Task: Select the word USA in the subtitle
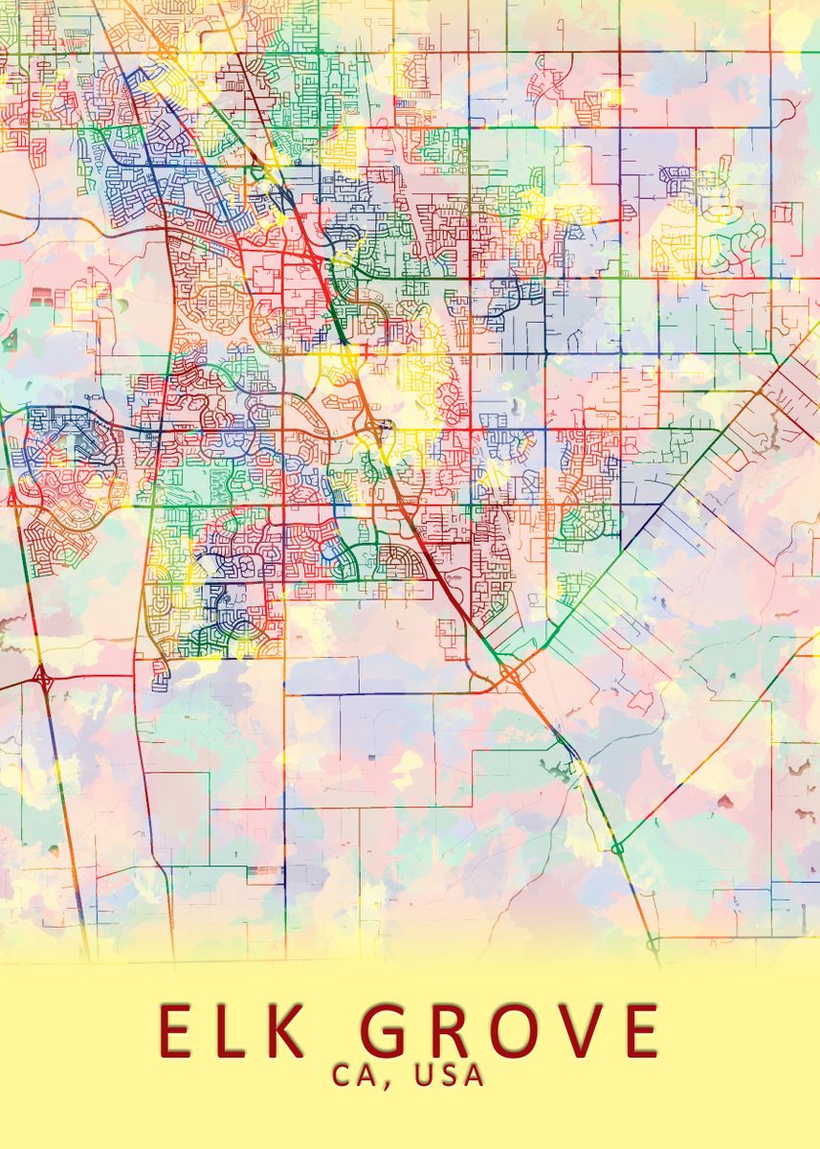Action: [x=449, y=1075]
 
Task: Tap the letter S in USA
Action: [x=449, y=1075]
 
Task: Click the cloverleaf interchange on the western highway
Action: [x=42, y=678]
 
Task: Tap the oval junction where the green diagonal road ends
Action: [x=617, y=847]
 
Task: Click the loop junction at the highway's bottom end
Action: [x=654, y=944]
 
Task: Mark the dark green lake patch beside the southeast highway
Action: [x=553, y=766]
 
